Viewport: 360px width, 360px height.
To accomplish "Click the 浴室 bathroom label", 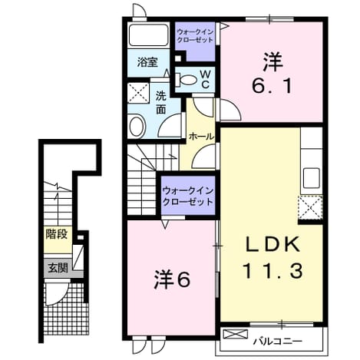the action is (x=147, y=62).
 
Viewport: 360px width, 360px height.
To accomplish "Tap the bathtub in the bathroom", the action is (x=148, y=35).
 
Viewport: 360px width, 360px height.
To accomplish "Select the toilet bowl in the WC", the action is (x=187, y=80).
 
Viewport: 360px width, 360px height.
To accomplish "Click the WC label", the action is (x=205, y=79).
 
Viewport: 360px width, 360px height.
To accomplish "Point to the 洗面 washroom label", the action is (x=161, y=102).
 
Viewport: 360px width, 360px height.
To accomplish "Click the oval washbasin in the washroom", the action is (x=137, y=127).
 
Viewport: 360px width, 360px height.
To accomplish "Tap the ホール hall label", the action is (x=201, y=137).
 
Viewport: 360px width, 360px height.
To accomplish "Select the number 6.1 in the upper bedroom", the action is (x=272, y=86).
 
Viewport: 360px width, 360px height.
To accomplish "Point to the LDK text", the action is (x=272, y=245).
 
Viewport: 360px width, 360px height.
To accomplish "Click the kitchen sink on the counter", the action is (x=312, y=178).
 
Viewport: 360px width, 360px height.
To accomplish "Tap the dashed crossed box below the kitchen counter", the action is (x=310, y=208).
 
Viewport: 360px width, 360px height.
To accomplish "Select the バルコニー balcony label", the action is (x=278, y=341).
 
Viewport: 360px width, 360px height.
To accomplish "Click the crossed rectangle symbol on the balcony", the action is (x=236, y=334).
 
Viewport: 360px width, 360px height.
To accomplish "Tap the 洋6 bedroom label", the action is (x=172, y=279).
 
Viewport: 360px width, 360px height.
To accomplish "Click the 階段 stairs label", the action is (x=57, y=234).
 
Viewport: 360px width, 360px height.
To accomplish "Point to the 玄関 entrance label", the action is (x=58, y=268).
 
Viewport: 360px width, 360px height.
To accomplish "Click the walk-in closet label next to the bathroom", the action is (x=195, y=36).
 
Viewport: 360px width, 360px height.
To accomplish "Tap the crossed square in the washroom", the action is (x=138, y=93).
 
